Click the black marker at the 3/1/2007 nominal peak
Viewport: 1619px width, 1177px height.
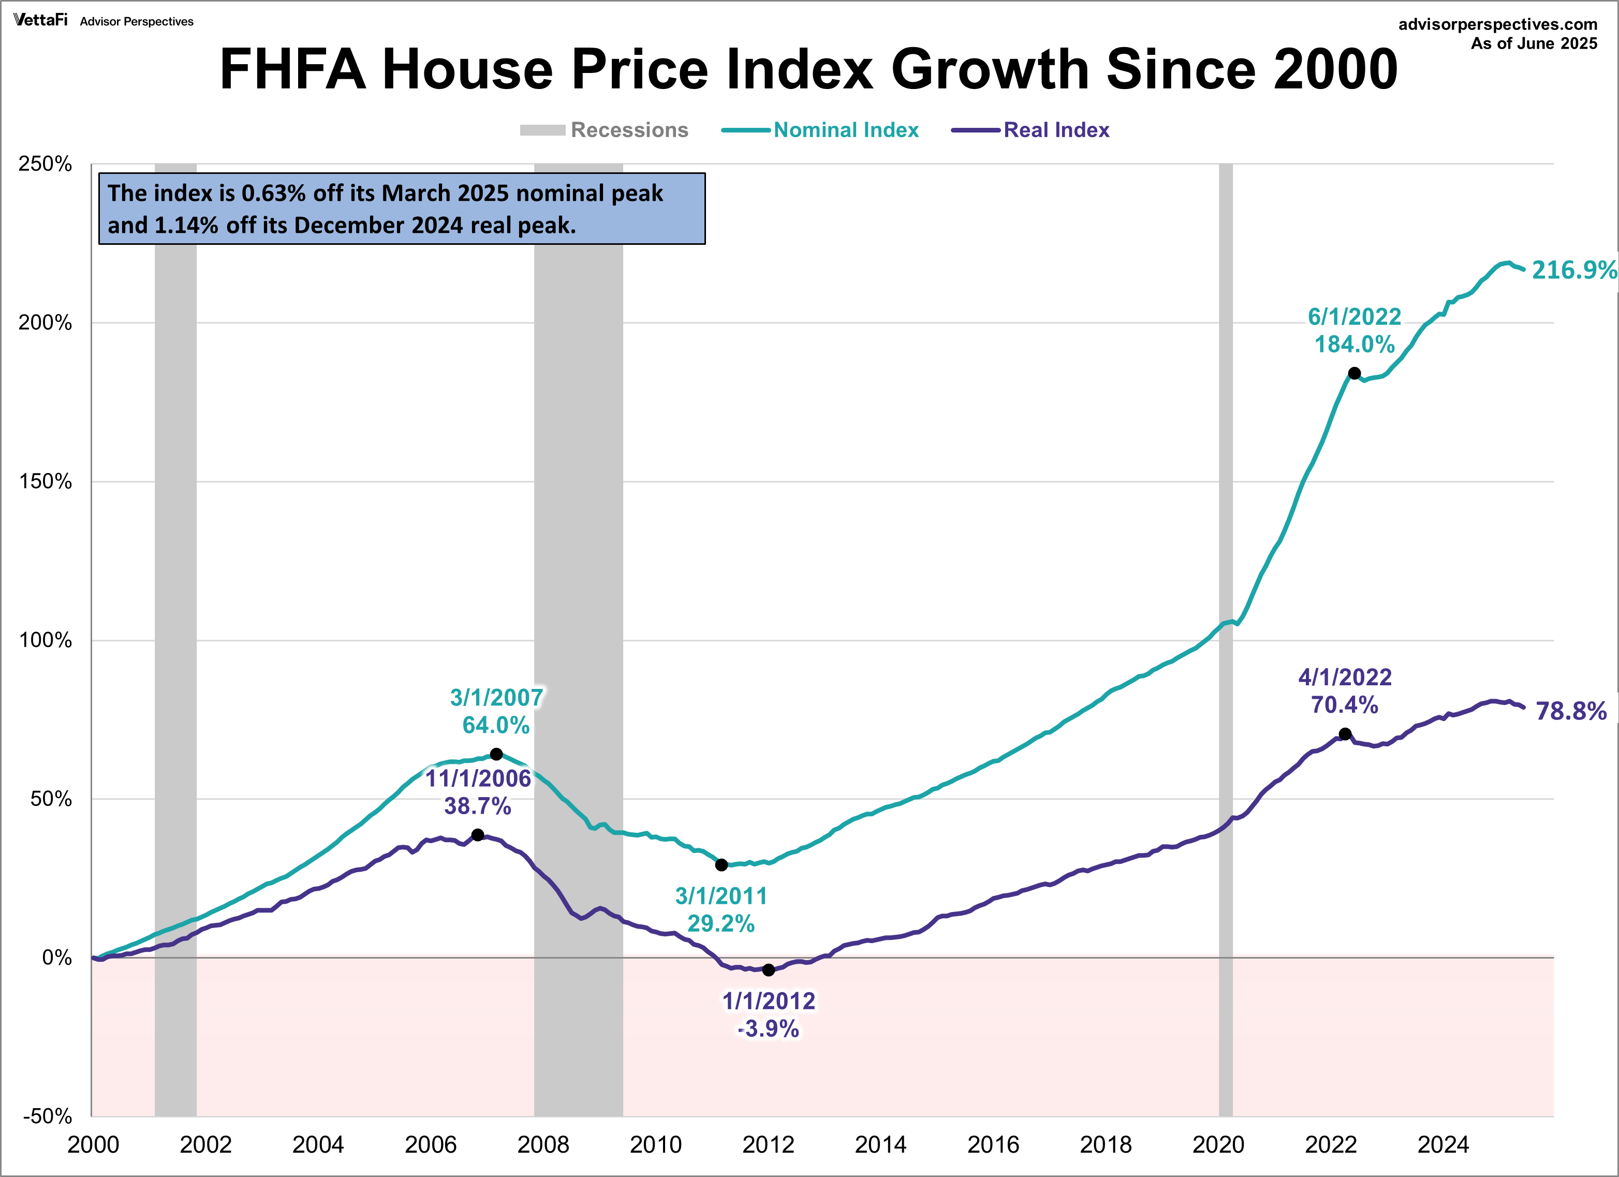tap(496, 754)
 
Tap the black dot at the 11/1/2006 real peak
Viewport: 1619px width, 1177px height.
tap(478, 834)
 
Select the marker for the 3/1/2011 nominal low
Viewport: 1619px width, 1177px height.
tap(721, 864)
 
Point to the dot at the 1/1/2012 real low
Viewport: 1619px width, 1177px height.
tap(768, 969)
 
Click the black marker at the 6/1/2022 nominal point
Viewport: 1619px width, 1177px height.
tap(1354, 373)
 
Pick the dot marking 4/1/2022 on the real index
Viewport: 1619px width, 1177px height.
tap(1344, 734)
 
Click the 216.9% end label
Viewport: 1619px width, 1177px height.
tap(1573, 270)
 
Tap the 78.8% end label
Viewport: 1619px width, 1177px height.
tap(1570, 711)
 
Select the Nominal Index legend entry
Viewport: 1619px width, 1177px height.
tap(845, 130)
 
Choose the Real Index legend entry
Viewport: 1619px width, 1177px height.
tap(1056, 130)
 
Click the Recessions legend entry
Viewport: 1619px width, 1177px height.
tap(629, 130)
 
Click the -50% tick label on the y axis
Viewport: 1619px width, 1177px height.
tap(47, 1115)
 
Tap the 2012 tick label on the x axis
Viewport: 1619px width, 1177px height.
tap(768, 1145)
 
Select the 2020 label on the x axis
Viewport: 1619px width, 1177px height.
tap(1218, 1145)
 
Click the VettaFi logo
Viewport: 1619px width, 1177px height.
tap(40, 20)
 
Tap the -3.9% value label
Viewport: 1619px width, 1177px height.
tap(768, 1028)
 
